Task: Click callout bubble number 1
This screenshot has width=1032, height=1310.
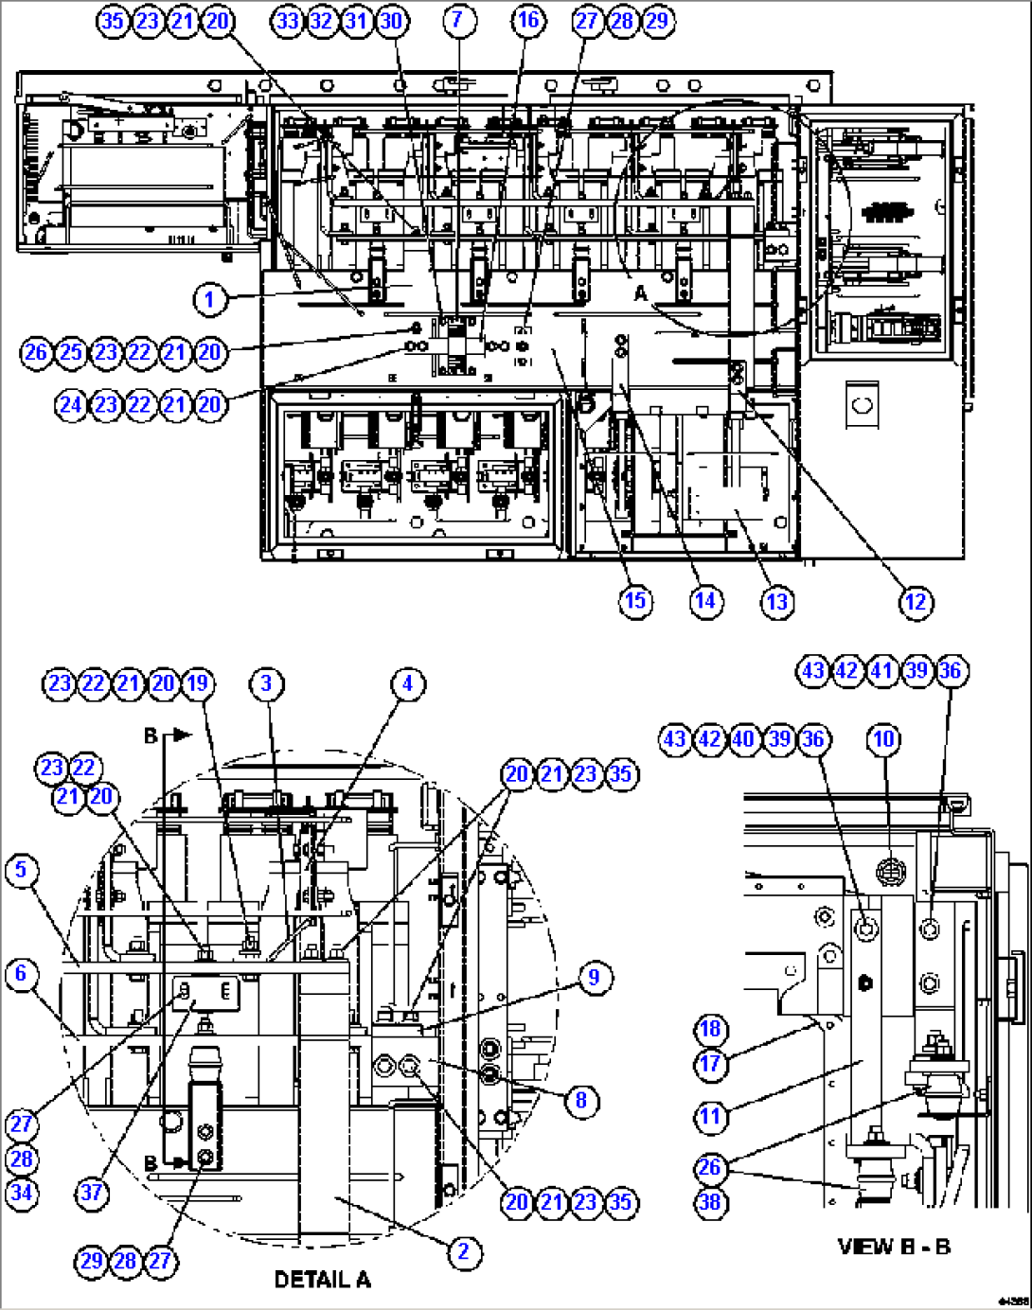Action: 210,300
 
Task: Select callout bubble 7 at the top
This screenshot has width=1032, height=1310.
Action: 458,20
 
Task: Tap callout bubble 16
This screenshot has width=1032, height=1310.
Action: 528,20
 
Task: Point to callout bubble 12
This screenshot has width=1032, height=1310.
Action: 916,602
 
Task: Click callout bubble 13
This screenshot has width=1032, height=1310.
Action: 776,602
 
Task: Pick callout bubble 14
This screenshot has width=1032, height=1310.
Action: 705,601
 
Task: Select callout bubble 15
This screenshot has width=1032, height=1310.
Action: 635,601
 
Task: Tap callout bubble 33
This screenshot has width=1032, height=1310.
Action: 287,20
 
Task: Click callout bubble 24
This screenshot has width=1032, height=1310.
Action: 71,405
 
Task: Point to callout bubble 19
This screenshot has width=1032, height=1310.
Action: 197,683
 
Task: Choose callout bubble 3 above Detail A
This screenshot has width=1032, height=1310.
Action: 266,683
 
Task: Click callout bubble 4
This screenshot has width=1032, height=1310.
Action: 407,683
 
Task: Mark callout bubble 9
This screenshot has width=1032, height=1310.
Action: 594,977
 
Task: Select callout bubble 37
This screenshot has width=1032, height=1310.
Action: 91,1192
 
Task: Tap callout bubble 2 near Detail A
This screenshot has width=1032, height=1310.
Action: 463,1252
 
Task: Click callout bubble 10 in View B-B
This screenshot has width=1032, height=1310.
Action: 883,738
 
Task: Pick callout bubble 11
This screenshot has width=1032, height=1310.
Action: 710,1117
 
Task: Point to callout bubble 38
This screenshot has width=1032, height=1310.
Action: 710,1202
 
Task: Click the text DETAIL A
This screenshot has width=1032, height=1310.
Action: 322,1280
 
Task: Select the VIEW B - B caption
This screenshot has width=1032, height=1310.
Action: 894,1247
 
